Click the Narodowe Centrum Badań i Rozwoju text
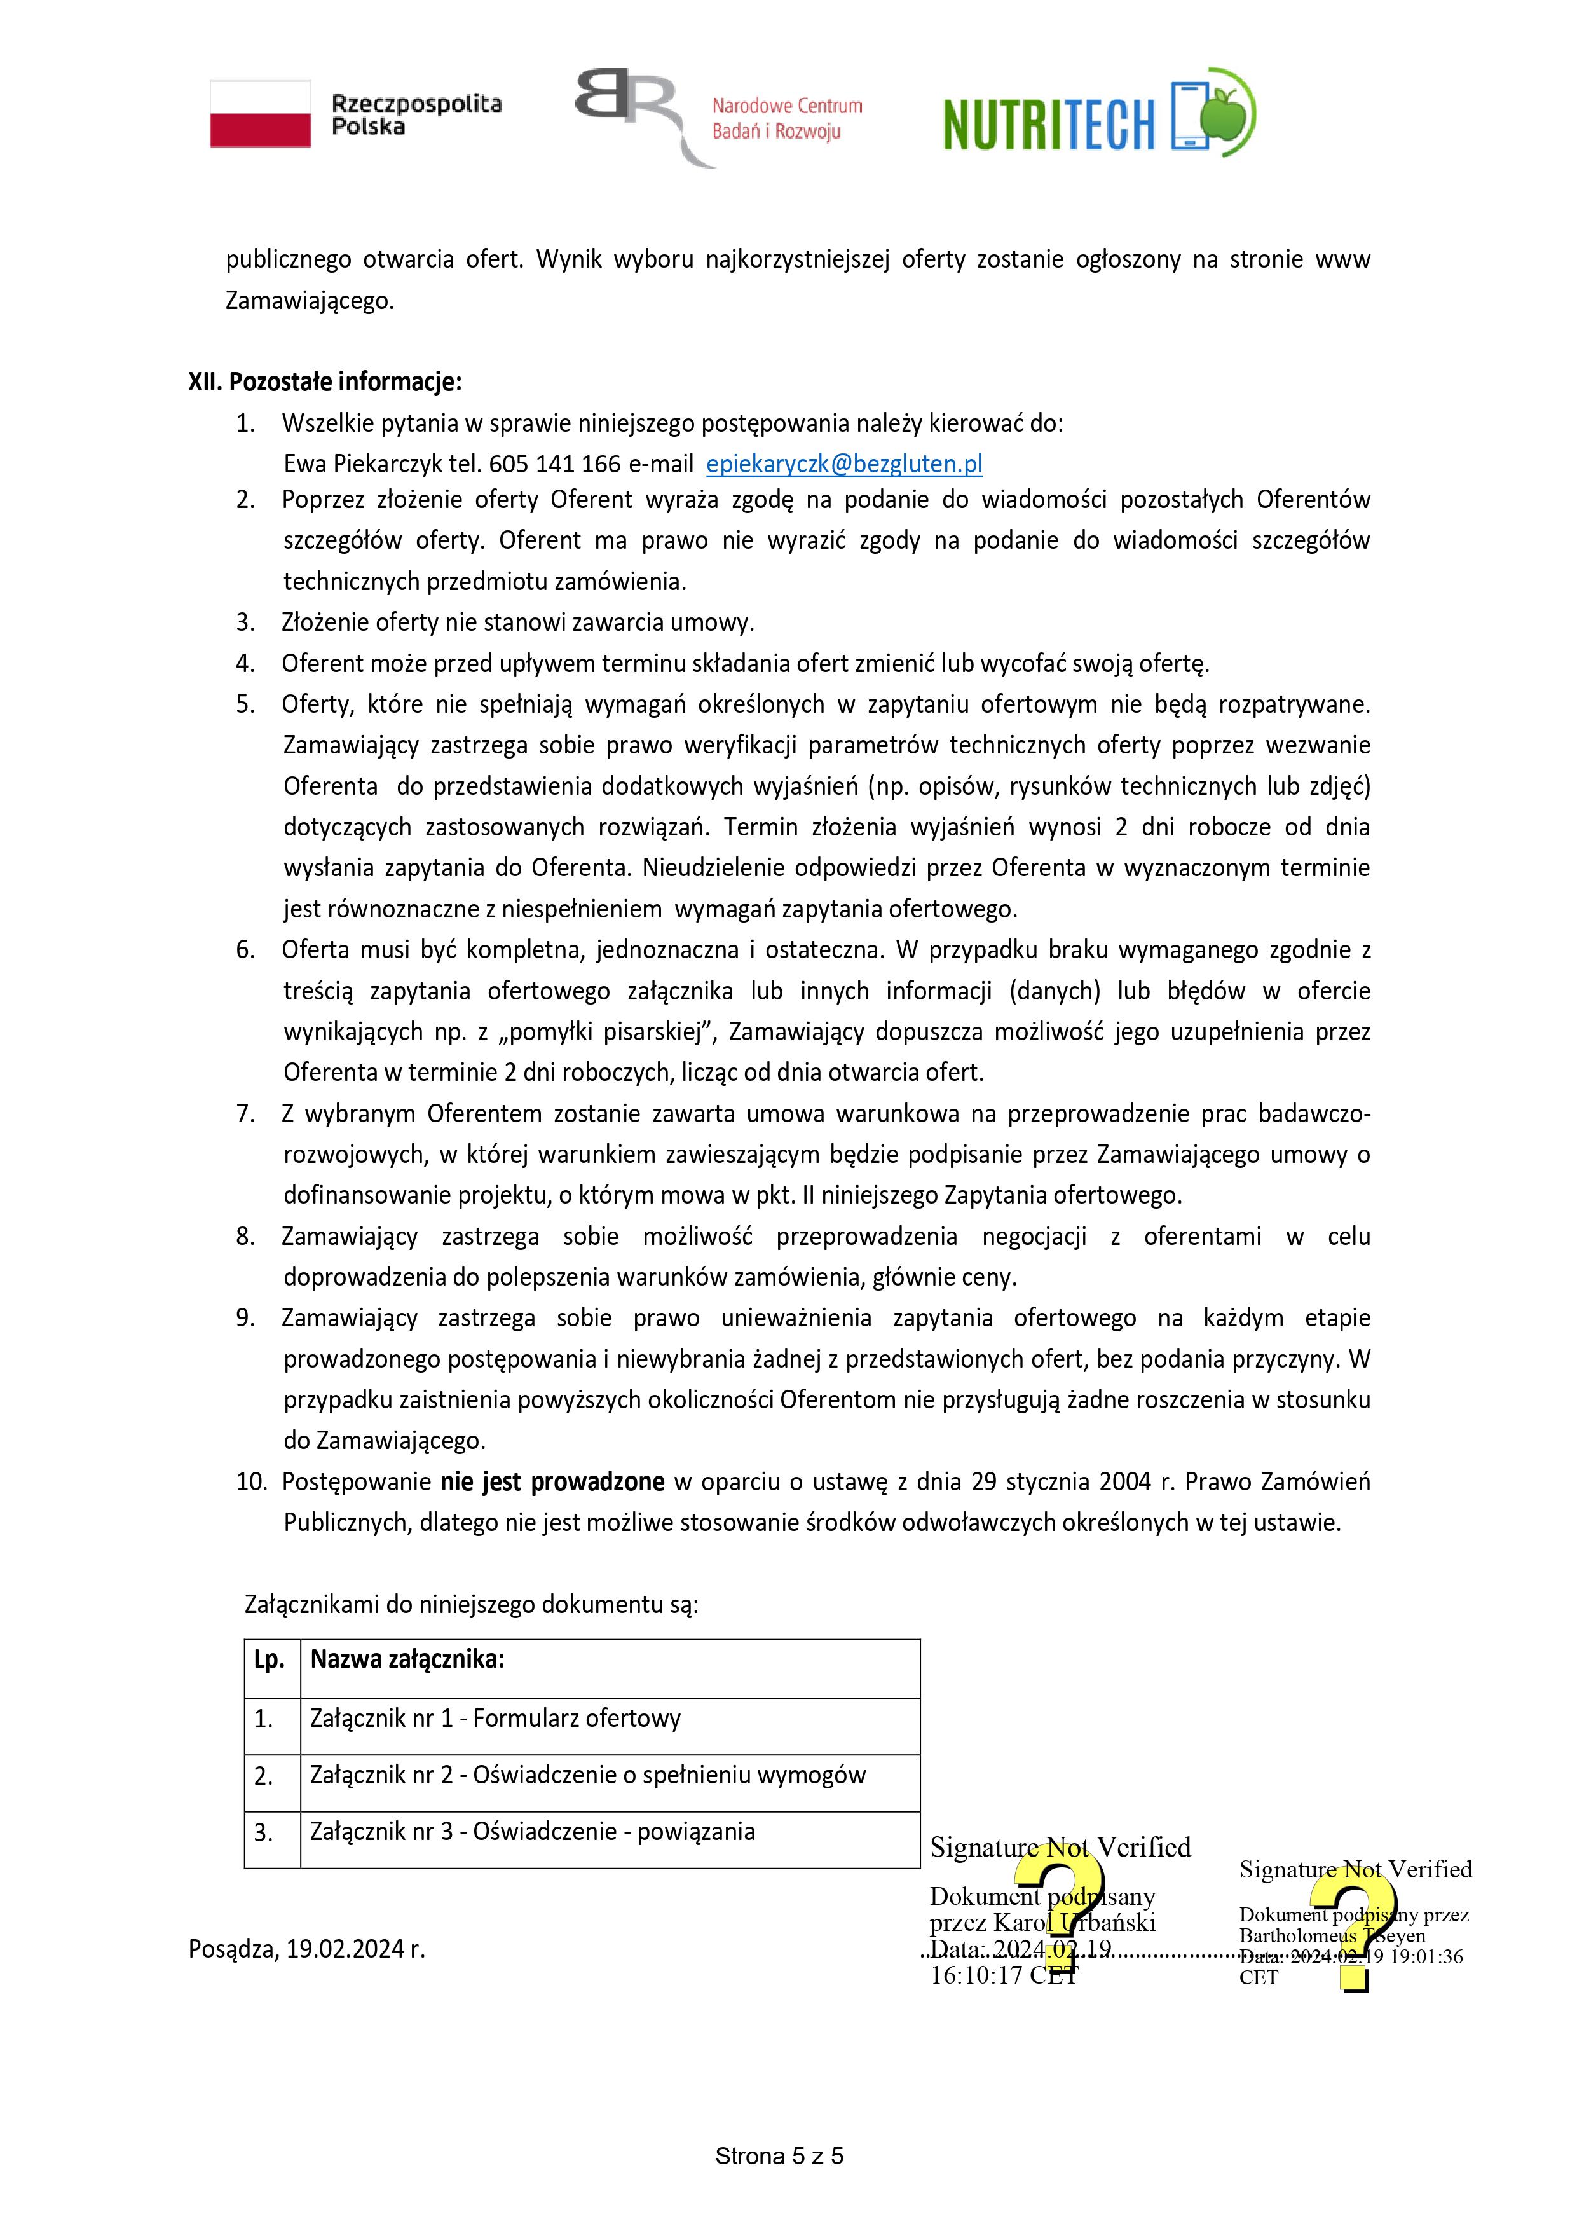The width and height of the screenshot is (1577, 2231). pos(786,118)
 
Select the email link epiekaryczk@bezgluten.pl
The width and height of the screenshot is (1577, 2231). pos(843,465)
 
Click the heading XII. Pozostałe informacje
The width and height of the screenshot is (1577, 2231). pos(325,382)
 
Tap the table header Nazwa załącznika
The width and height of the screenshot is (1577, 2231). pos(407,1659)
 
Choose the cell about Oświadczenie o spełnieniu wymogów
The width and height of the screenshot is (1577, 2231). pos(587,1775)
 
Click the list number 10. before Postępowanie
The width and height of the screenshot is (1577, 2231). pos(250,1482)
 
